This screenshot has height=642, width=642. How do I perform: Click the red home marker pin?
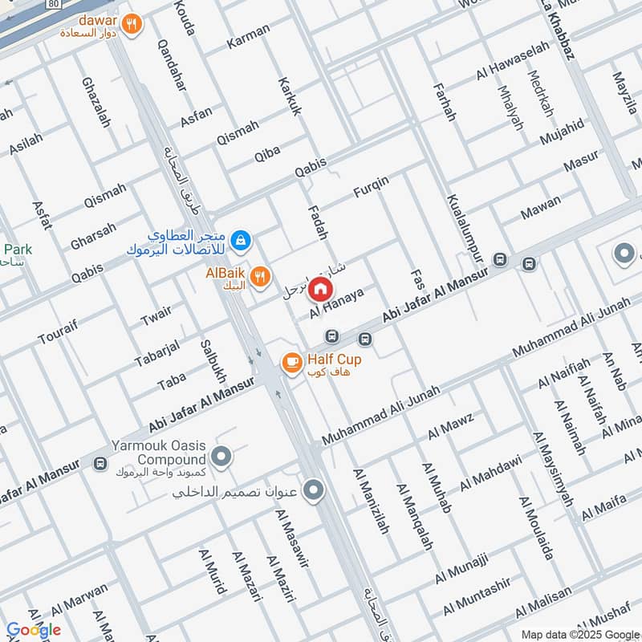click(320, 288)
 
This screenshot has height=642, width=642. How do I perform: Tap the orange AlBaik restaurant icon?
click(259, 278)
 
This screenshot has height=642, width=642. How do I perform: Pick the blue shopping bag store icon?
click(239, 240)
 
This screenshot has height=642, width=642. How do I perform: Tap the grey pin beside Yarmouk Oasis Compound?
click(222, 457)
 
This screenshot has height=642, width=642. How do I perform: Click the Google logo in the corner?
click(33, 630)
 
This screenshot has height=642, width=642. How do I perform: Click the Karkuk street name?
click(290, 96)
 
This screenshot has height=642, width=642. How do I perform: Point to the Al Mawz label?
click(451, 425)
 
